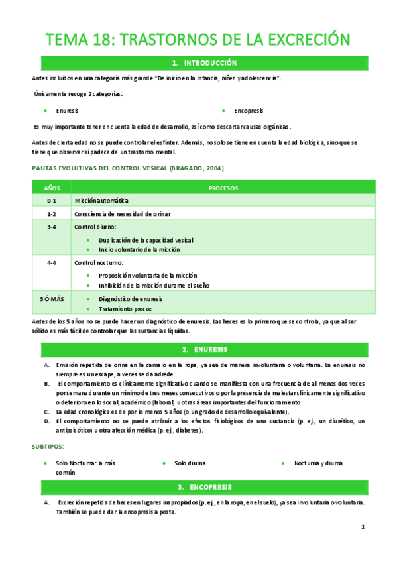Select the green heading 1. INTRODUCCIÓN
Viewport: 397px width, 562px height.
click(x=203, y=63)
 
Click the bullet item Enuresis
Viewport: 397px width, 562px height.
click(x=68, y=111)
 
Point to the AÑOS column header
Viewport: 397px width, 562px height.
click(x=52, y=188)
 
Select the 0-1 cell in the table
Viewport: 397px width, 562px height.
click(x=52, y=200)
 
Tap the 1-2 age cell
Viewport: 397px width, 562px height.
click(x=52, y=213)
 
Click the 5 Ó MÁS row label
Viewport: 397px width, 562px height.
click(x=52, y=299)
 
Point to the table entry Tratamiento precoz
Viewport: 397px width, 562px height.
click(x=125, y=309)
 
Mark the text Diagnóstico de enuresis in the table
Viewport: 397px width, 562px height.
click(x=132, y=299)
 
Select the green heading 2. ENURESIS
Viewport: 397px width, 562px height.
click(x=203, y=349)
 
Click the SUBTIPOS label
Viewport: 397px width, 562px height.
click(x=48, y=447)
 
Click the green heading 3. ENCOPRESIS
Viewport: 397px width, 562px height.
click(x=203, y=488)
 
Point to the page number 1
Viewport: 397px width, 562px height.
click(x=363, y=527)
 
